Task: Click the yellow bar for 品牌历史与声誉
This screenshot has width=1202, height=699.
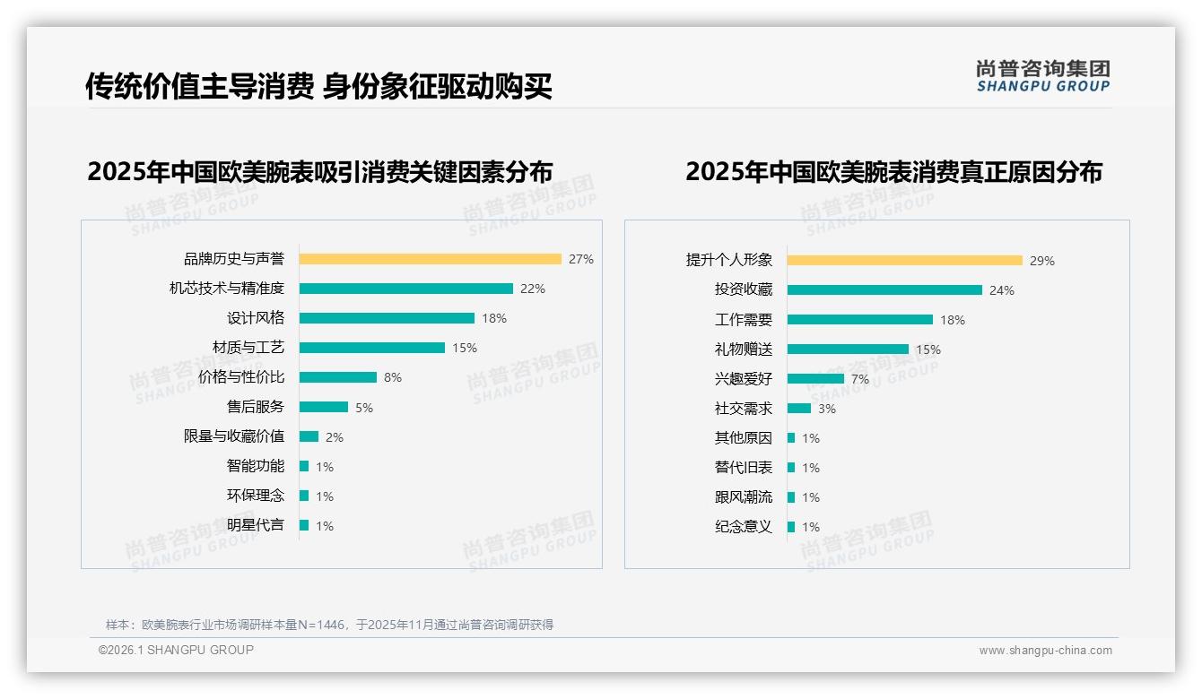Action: [430, 259]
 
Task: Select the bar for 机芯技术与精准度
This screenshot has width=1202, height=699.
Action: [405, 289]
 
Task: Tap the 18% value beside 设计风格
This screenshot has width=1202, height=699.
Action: [494, 318]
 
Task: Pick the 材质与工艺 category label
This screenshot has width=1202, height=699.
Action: [248, 348]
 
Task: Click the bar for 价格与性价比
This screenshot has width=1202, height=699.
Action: [337, 377]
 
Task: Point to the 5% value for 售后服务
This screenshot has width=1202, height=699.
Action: [364, 408]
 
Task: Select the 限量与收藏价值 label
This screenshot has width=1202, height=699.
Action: [233, 436]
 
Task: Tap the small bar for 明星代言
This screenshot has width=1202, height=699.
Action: [304, 525]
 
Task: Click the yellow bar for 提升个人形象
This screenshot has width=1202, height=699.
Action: [904, 261]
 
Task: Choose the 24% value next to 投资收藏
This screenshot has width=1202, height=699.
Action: [1002, 290]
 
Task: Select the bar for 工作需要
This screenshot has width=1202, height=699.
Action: [859, 320]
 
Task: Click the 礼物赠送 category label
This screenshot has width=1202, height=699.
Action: [743, 349]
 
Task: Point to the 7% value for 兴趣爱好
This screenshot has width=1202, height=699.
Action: [860, 379]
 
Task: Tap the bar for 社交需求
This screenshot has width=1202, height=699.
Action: [798, 409]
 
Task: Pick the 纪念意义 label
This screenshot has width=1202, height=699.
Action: [743, 527]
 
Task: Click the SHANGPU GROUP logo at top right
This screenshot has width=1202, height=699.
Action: [1042, 76]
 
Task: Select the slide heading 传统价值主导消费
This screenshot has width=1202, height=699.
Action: [198, 86]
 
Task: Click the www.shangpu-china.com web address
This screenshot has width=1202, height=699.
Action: [1045, 651]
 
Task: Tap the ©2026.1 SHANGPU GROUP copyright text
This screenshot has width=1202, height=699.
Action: [176, 650]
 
